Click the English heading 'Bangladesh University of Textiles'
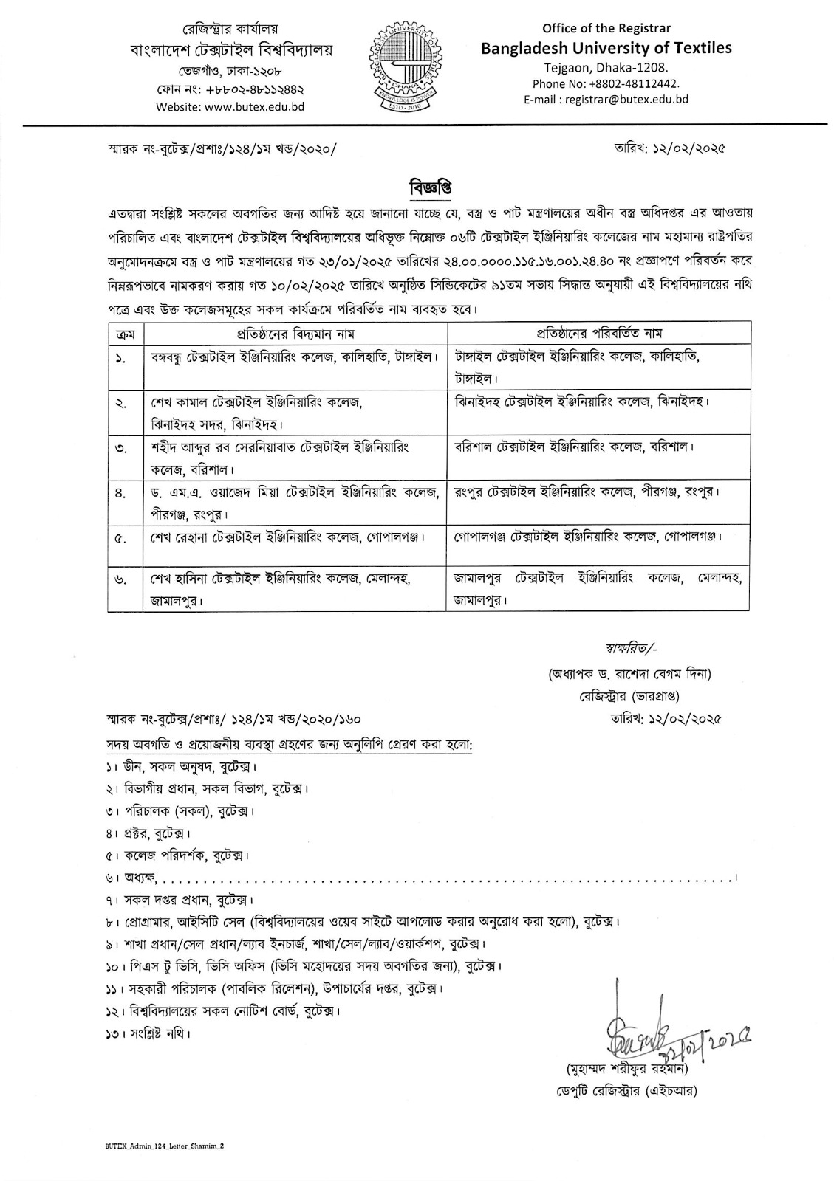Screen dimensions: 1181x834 tap(606, 48)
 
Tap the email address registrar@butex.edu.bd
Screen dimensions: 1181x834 tap(606, 98)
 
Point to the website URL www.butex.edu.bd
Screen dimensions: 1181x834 tap(230, 106)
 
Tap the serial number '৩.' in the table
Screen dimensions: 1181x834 tap(121, 448)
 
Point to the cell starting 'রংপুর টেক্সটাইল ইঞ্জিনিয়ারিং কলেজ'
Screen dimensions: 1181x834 tap(587, 492)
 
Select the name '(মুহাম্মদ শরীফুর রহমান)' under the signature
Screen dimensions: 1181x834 tap(627, 1069)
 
